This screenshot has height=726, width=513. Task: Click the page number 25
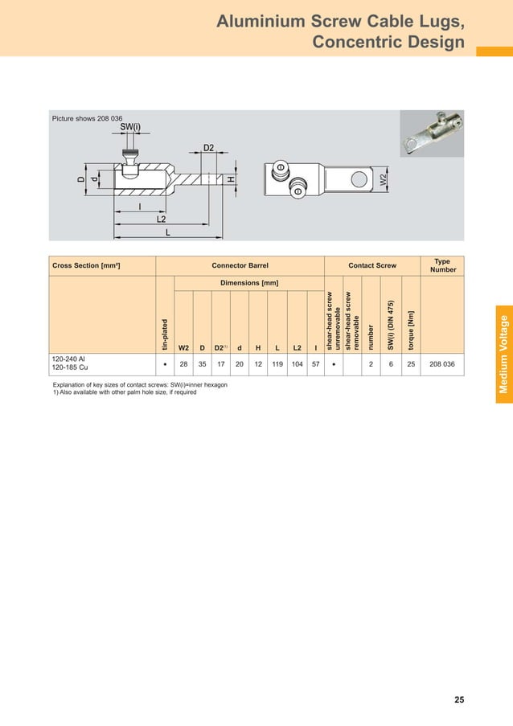(x=458, y=699)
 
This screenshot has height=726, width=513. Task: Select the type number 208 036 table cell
(x=441, y=364)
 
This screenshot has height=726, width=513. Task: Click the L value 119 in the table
(x=277, y=364)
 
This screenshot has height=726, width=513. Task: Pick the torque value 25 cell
(x=411, y=364)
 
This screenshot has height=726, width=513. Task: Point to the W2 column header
(x=183, y=348)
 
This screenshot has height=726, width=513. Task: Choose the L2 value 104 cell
(x=298, y=364)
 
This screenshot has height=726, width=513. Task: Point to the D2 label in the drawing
(x=208, y=148)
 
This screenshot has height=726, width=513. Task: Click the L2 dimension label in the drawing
(x=161, y=219)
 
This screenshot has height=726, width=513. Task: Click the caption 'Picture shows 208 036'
(x=81, y=118)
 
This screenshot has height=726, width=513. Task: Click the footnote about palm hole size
(x=125, y=393)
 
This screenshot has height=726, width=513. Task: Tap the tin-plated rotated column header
(x=165, y=335)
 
